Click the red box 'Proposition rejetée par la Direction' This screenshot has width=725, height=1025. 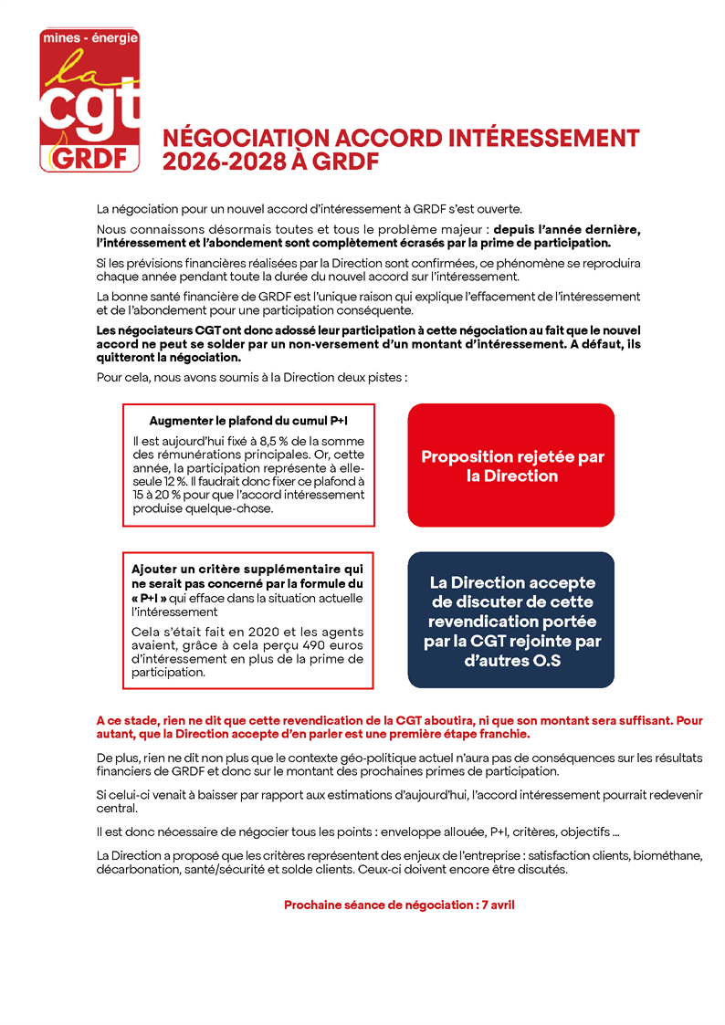click(510, 465)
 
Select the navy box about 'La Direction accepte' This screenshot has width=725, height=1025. click(510, 620)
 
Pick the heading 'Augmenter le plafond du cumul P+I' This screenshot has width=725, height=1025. click(248, 422)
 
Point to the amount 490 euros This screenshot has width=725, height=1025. click(331, 646)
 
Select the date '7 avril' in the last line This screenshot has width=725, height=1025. click(501, 905)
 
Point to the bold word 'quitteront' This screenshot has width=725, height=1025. click(127, 359)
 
